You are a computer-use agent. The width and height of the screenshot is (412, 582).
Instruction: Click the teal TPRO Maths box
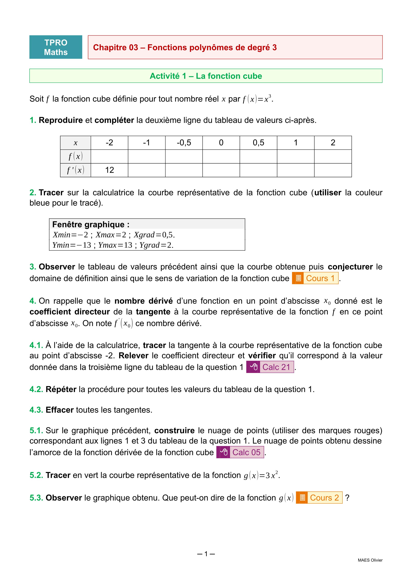[x=56, y=47]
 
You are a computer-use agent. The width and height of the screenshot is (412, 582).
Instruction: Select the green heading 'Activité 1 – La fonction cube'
[x=206, y=76]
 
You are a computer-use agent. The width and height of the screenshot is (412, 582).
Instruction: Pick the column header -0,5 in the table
[x=184, y=143]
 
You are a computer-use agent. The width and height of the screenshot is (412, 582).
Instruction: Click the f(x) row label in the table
[x=76, y=156]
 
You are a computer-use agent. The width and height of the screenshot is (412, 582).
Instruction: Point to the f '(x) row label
[x=76, y=170]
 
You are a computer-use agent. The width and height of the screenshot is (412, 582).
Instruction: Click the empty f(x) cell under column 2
[x=333, y=156]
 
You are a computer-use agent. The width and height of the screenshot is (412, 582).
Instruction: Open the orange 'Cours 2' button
[x=319, y=498]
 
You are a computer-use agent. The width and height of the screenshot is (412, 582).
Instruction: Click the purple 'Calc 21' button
[x=270, y=367]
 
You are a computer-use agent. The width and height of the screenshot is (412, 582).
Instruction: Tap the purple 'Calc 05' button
[x=240, y=452]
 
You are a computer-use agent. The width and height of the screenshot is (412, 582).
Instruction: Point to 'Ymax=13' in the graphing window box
[x=115, y=245]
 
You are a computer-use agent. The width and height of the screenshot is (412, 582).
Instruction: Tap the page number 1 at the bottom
[x=206, y=554]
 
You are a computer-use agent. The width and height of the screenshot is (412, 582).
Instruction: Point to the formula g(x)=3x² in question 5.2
[x=261, y=475]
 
